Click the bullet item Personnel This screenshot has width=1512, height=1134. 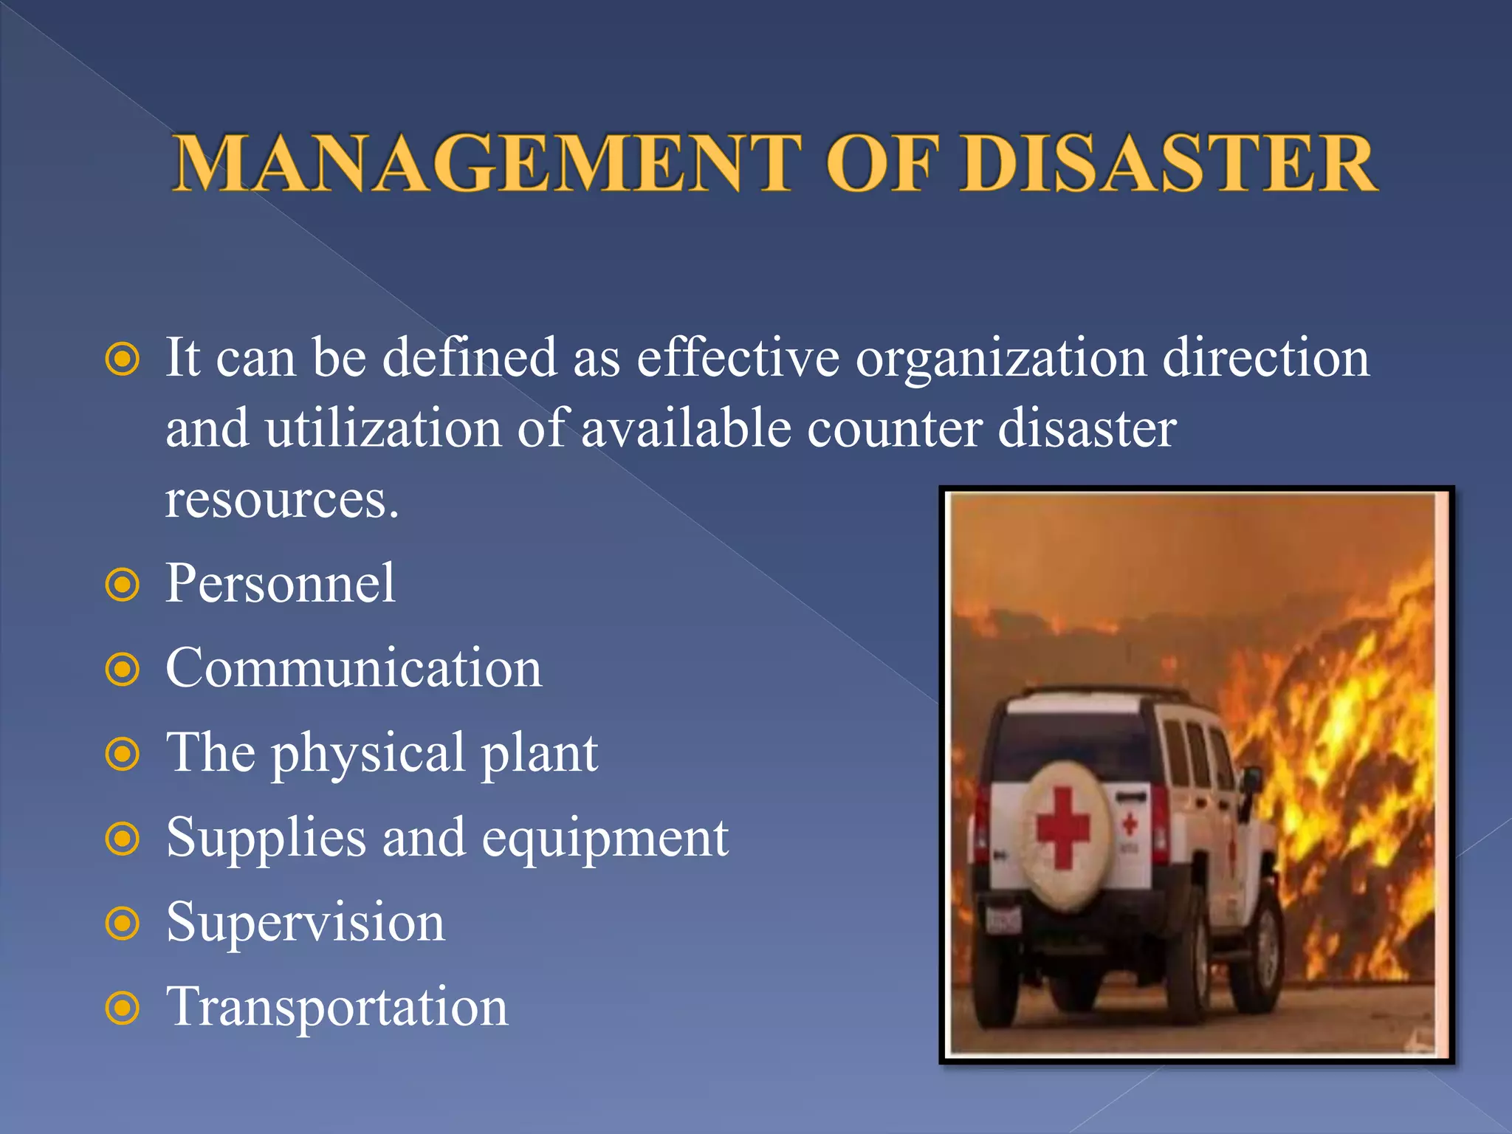tap(281, 583)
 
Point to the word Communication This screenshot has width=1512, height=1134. tap(354, 667)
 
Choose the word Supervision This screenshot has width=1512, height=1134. tap(306, 922)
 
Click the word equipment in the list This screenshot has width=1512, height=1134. tap(605, 839)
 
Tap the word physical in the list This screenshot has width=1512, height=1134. tap(368, 754)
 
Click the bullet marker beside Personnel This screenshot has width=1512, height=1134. tap(123, 585)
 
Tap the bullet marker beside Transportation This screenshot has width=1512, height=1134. tap(123, 1008)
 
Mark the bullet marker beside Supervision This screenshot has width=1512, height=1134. tap(123, 924)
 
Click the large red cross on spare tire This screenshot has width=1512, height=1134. tap(1062, 827)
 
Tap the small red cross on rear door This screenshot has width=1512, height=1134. tap(1130, 825)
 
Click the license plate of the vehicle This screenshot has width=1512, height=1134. tap(1004, 920)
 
